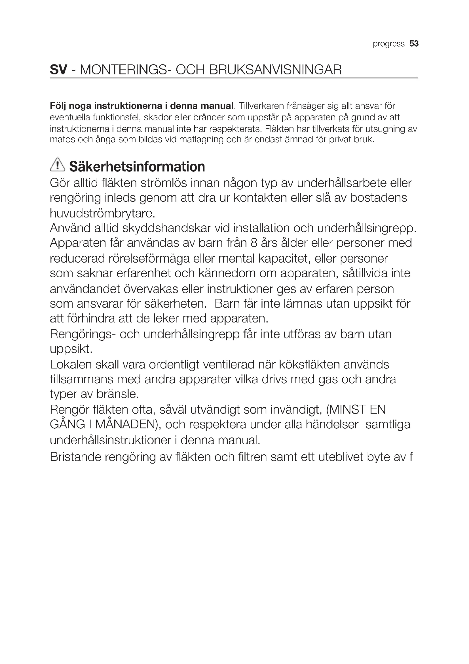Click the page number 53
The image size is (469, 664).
pyautogui.click(x=414, y=44)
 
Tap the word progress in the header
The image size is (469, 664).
pyautogui.click(x=388, y=44)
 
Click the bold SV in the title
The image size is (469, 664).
pyautogui.click(x=58, y=70)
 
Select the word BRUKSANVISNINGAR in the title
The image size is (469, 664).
pyautogui.click(x=275, y=70)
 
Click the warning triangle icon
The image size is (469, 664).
pyautogui.click(x=58, y=165)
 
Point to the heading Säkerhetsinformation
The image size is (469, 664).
pyautogui.click(x=137, y=167)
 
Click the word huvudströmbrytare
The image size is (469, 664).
pyautogui.click(x=103, y=213)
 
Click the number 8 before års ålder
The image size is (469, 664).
pyautogui.click(x=254, y=243)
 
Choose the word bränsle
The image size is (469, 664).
pyautogui.click(x=117, y=394)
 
